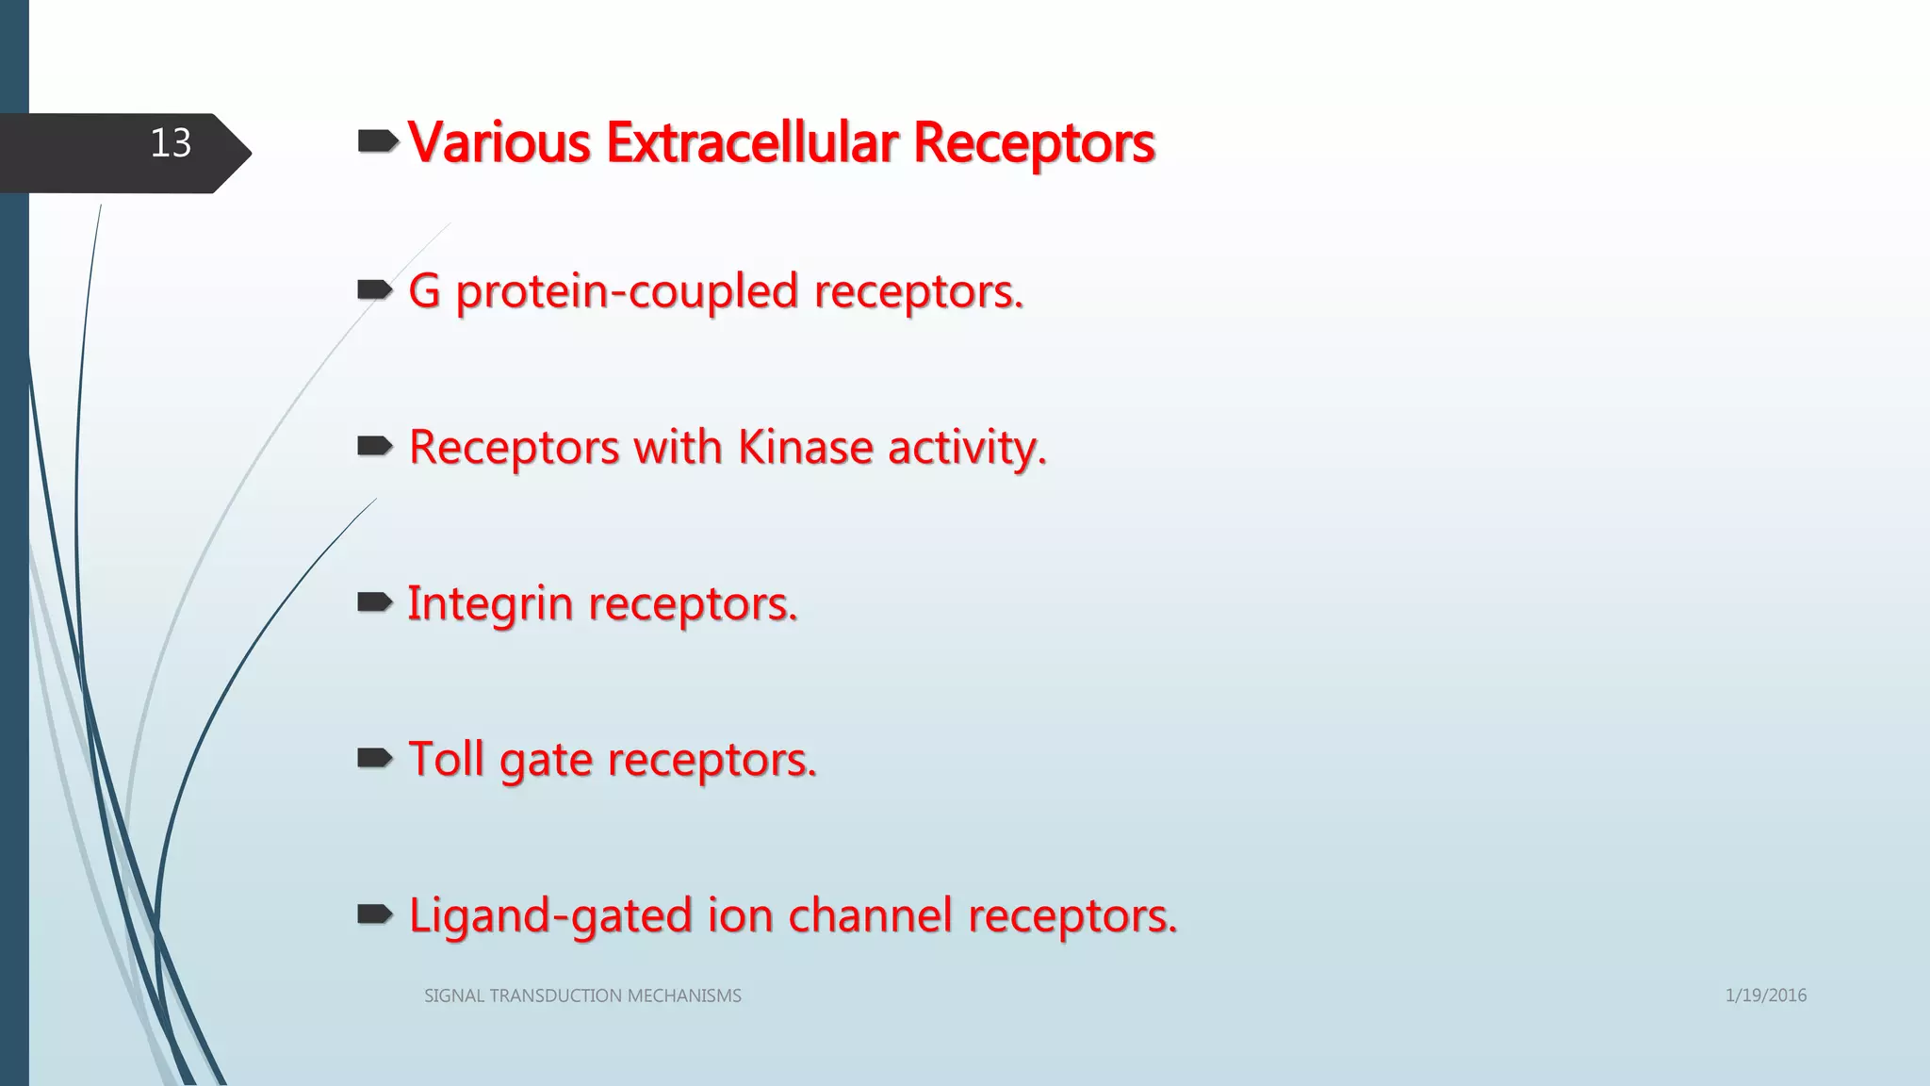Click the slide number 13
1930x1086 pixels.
coord(171,143)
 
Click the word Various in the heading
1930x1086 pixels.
coord(499,143)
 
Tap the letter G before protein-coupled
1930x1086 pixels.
coord(425,290)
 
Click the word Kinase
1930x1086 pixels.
coord(805,447)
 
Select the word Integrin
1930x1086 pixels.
coord(489,604)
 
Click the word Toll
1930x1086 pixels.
coord(446,759)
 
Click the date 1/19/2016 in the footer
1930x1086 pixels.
coord(1765,995)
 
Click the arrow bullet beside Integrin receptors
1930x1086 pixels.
coord(375,602)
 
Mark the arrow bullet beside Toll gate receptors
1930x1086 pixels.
coord(375,758)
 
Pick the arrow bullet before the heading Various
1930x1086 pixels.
coord(378,142)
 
